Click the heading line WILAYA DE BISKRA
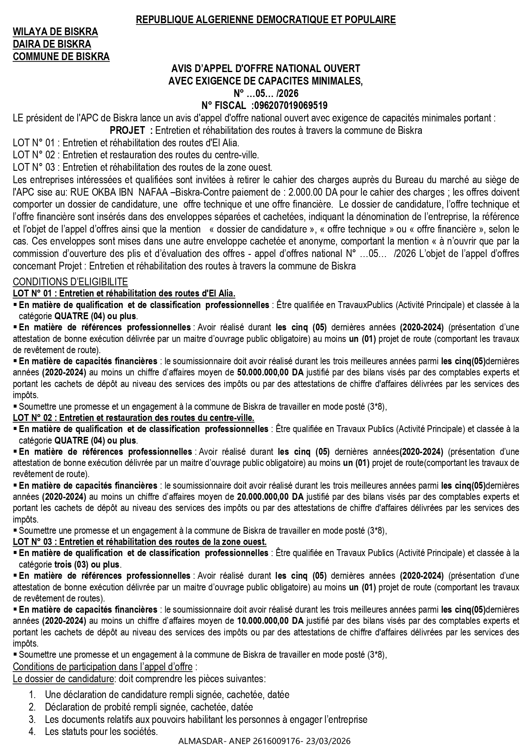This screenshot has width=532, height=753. pyautogui.click(x=55, y=32)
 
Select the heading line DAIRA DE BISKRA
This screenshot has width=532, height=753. pyautogui.click(x=52, y=44)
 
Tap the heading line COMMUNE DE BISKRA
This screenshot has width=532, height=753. pyautogui.click(x=61, y=57)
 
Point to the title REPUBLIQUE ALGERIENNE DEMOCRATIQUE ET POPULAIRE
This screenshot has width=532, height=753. pyautogui.click(x=266, y=20)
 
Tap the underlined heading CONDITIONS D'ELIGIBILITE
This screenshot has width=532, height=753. pyautogui.click(x=70, y=282)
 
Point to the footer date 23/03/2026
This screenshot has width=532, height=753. pyautogui.click(x=333, y=741)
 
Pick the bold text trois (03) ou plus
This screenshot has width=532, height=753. pyautogui.click(x=88, y=565)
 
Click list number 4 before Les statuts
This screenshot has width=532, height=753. pyautogui.click(x=32, y=732)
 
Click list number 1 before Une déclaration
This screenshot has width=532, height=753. pyautogui.click(x=32, y=694)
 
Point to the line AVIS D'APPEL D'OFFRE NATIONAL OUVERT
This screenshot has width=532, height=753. pyautogui.click(x=266, y=69)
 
